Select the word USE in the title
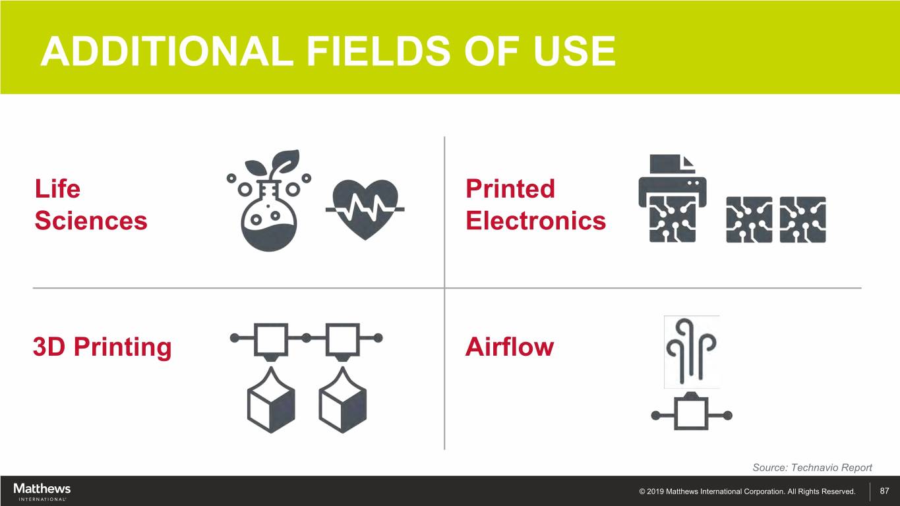574,51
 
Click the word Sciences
91,221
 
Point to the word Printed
510,188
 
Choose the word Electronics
535,221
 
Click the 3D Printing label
102,347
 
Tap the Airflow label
510,347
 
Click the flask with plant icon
269,200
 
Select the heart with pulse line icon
365,210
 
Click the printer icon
673,198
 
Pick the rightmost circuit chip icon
803,219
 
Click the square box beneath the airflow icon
692,414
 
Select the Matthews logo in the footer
42,492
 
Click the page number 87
884,491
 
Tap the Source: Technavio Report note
812,467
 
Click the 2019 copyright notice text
747,492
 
